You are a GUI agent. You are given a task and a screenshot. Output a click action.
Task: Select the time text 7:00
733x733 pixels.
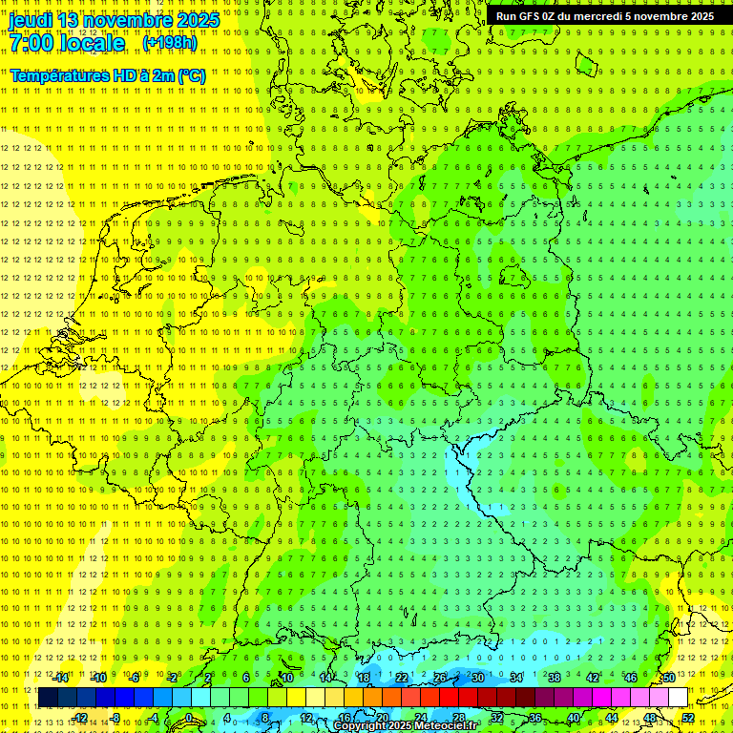click(32, 43)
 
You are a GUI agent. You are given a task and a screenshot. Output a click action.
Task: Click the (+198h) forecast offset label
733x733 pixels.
click(169, 43)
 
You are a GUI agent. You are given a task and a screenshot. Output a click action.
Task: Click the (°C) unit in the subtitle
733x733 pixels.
click(191, 75)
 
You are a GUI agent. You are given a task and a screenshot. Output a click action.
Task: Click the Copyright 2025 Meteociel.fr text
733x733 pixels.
click(405, 726)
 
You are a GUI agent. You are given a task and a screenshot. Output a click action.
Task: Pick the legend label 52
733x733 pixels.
click(688, 718)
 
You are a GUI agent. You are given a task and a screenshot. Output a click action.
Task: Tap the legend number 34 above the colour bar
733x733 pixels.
click(516, 678)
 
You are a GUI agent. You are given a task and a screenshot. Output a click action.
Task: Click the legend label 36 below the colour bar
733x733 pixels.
click(535, 718)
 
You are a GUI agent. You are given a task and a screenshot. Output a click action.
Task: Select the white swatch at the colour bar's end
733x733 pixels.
click(679, 698)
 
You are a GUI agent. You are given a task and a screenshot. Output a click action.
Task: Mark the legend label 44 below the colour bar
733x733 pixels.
click(612, 718)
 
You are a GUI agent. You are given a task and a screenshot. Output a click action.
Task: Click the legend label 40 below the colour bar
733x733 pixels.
click(574, 718)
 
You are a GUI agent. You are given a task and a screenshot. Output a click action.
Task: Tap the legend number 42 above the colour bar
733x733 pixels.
click(593, 678)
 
